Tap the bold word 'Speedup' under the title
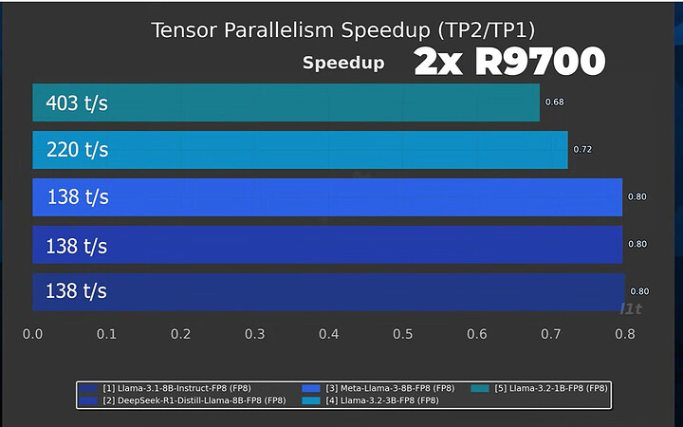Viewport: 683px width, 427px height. pos(343,64)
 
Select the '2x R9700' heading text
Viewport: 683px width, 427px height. pos(509,62)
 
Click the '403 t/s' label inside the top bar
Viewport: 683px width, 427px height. pos(77,102)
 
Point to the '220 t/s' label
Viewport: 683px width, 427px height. pos(77,149)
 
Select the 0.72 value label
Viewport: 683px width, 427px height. pos(582,149)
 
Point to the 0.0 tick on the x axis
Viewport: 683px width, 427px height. pos(32,334)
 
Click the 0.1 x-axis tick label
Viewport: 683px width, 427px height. pos(106,334)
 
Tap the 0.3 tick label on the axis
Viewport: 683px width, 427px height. pos(254,334)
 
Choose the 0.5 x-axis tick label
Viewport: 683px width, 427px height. pos(402,334)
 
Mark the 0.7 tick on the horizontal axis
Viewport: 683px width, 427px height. pos(550,334)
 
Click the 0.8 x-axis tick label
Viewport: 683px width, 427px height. pos(624,334)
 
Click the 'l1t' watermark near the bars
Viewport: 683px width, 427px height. pos(630,307)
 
